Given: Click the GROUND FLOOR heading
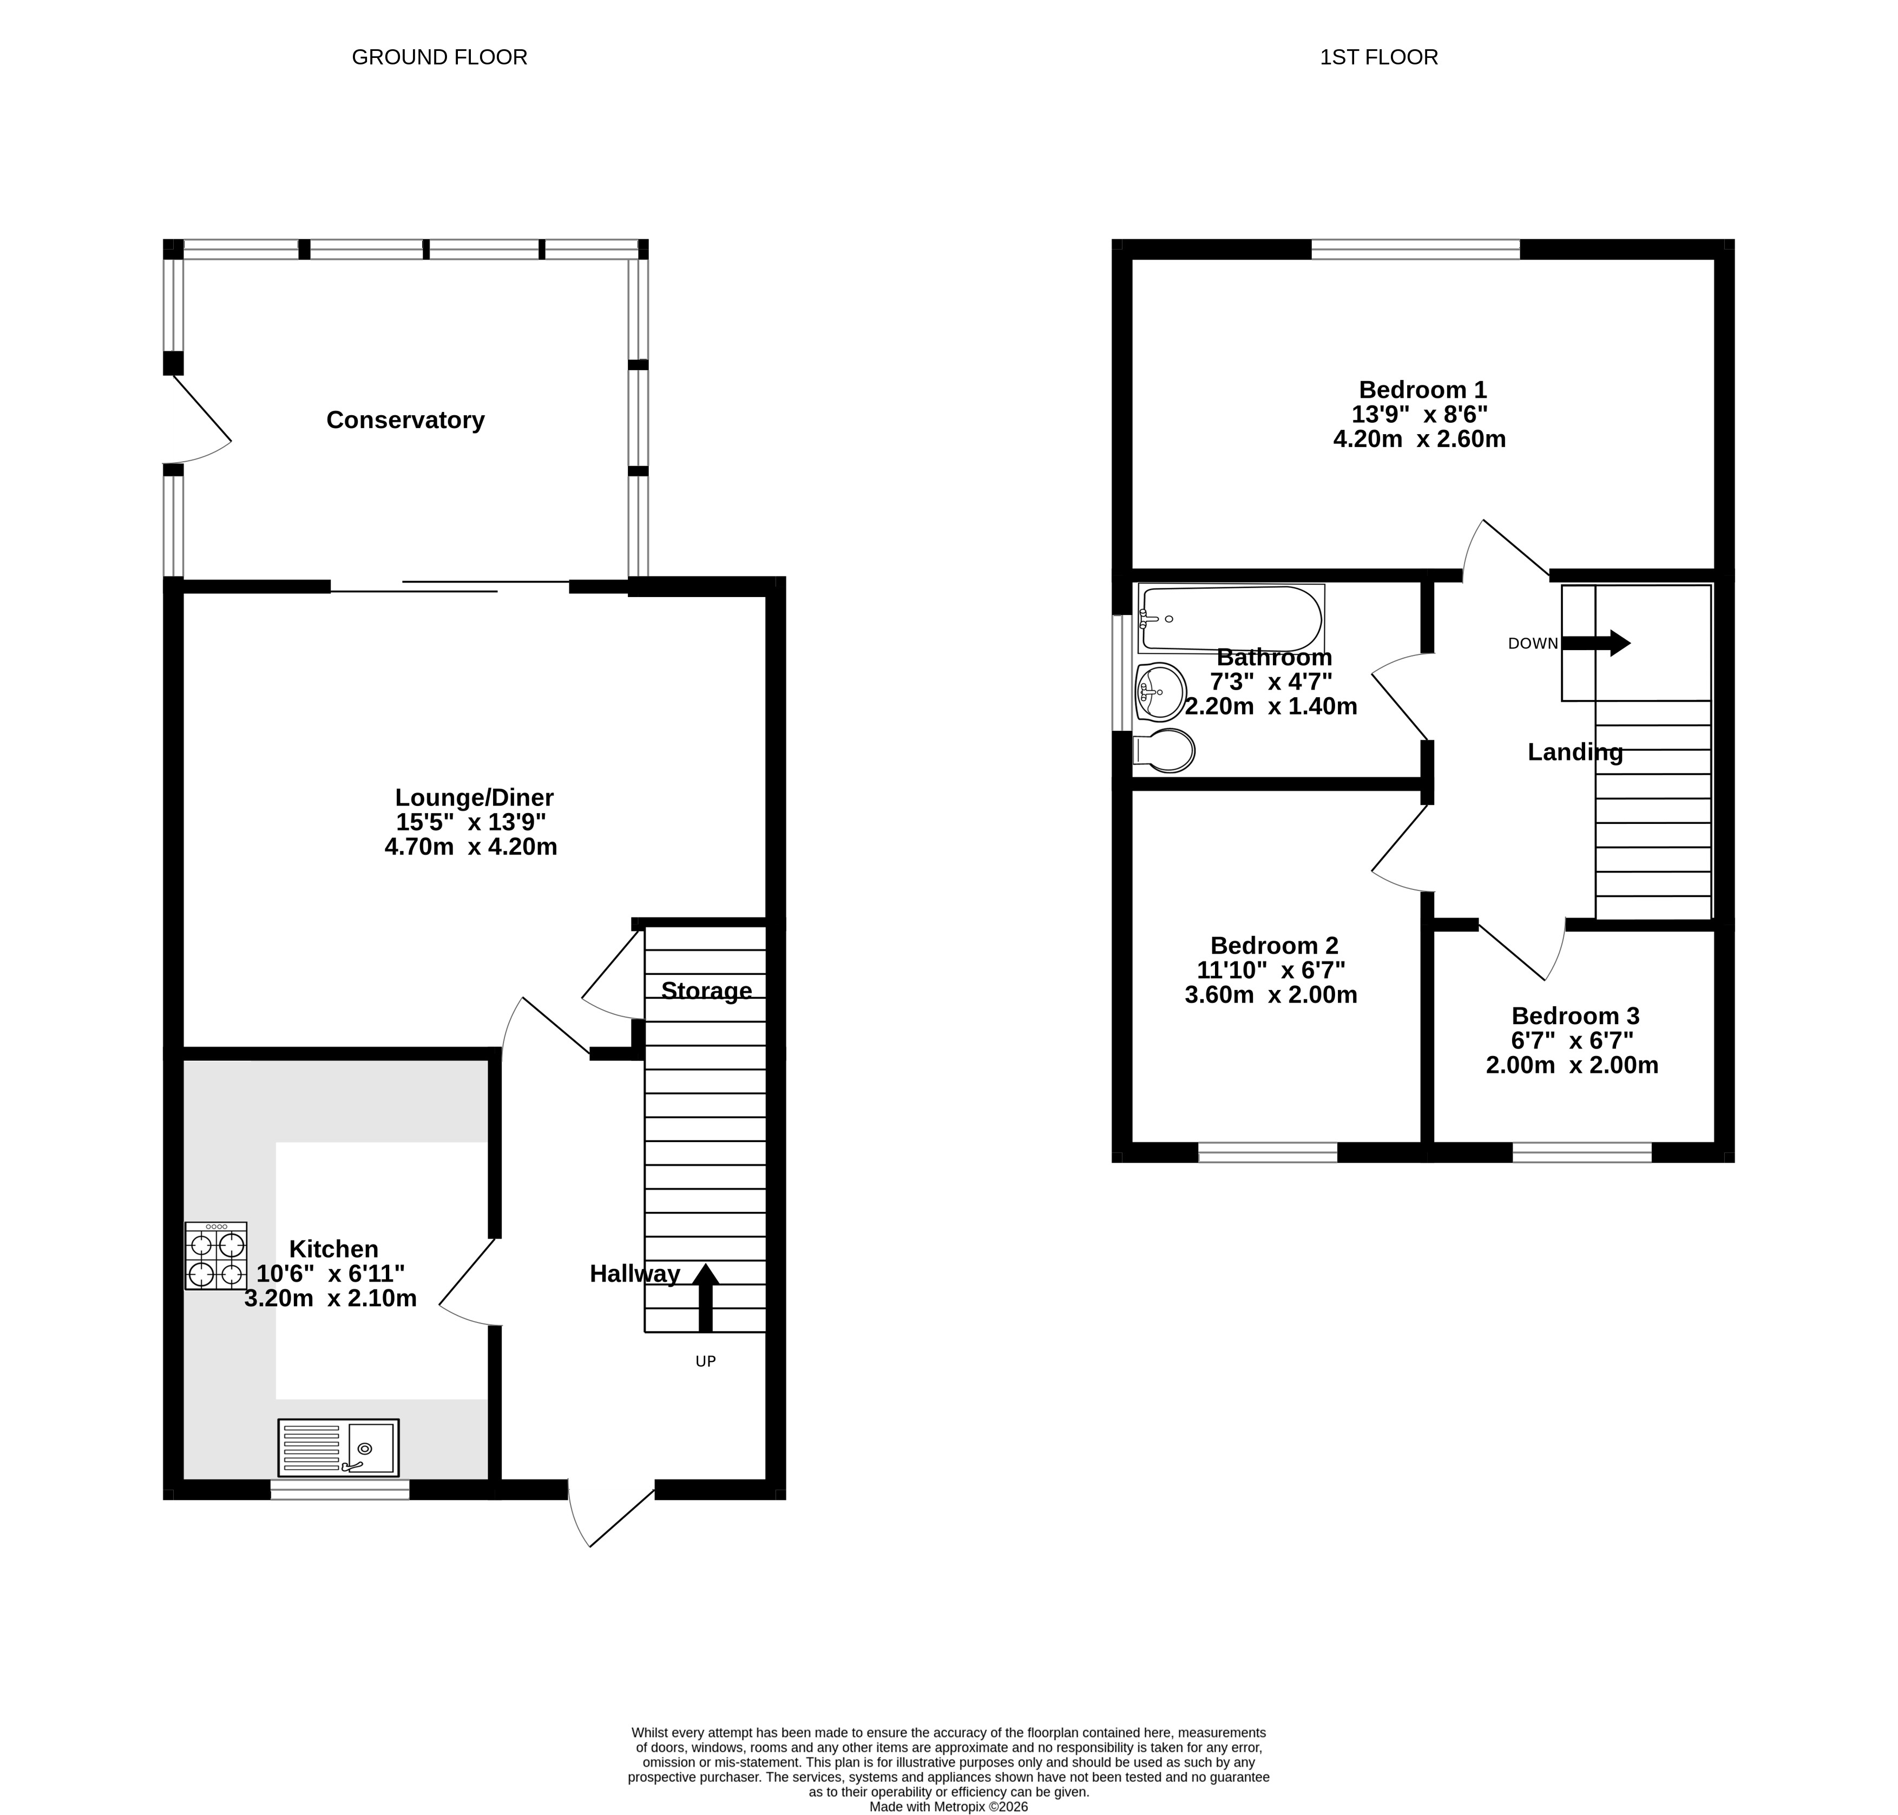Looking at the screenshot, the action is tap(439, 57).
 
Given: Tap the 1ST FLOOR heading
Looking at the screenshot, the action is tap(1378, 57).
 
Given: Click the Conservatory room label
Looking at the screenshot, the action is tap(405, 420).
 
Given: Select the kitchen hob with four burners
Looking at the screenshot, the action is tap(216, 1256).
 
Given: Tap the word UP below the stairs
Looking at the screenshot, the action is tap(705, 1361).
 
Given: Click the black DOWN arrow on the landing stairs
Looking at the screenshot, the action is tap(1596, 643).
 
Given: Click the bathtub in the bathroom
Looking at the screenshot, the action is tap(1231, 619).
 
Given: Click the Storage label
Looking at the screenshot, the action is tap(706, 991).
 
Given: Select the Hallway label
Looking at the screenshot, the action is tap(635, 1273).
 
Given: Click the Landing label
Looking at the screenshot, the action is tap(1575, 752).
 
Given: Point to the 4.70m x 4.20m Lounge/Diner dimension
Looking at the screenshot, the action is tap(471, 847).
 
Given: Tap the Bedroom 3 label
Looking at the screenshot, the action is tap(1575, 1016).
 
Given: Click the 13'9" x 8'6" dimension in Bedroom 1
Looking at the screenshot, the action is tap(1419, 414).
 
